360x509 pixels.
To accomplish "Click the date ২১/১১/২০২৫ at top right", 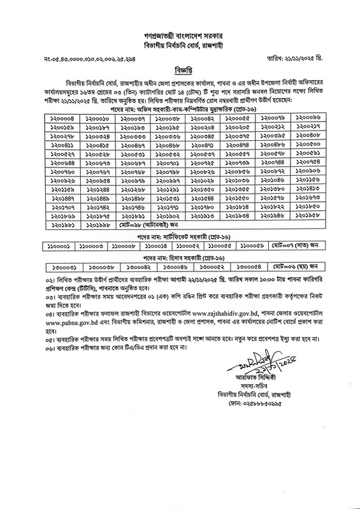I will tap(319, 50).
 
